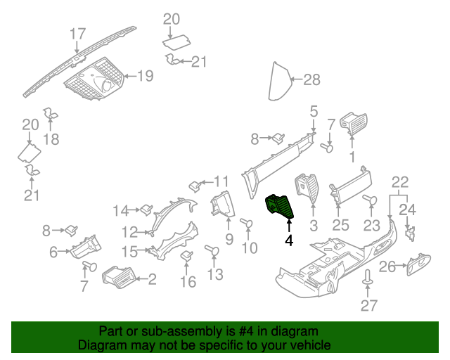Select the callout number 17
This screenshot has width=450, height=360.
(x=77, y=33)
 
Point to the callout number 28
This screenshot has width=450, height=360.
(x=311, y=80)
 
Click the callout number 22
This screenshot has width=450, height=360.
(x=399, y=181)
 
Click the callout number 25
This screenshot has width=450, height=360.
(x=340, y=225)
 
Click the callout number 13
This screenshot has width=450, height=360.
(x=215, y=274)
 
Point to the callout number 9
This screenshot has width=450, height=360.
(x=229, y=240)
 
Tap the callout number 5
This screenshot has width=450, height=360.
(x=314, y=110)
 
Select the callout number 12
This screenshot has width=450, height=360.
(x=129, y=231)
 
